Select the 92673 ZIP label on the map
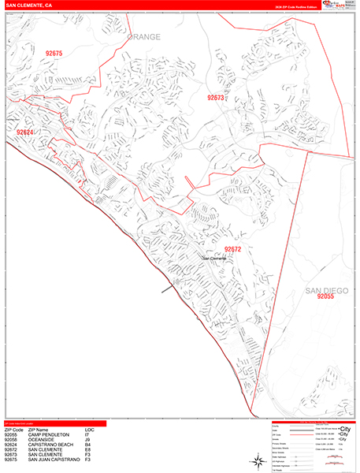[x=215, y=98]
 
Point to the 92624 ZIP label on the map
[x=25, y=132]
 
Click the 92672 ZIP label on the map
[x=232, y=249]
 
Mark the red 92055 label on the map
[x=326, y=298]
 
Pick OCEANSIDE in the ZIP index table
[x=40, y=439]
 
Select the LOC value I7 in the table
[x=87, y=434]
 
